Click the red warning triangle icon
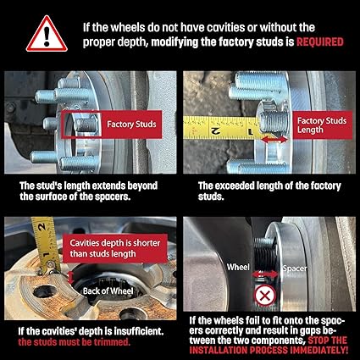coord(47,34)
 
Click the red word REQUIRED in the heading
coord(320,42)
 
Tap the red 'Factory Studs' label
coord(131,125)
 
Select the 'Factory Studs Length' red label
coord(322,125)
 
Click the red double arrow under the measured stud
coord(274,139)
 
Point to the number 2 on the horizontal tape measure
coord(216,130)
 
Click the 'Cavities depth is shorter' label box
coord(114,248)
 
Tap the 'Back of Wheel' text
coord(108,291)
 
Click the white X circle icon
coord(265,296)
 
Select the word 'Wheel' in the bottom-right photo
coord(238,267)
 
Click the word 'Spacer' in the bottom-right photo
coord(295,269)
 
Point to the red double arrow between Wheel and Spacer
coord(265,274)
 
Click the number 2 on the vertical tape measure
coord(42,226)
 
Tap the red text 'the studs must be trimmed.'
coord(75,342)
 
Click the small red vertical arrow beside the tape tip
coord(71,278)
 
